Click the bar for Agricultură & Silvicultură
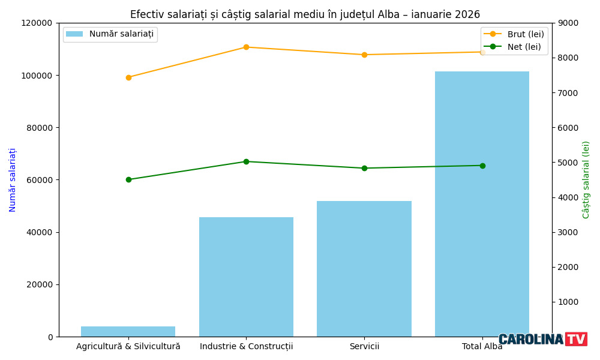(128, 331)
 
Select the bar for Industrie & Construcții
(246, 277)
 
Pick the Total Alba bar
(482, 204)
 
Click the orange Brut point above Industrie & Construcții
(246, 47)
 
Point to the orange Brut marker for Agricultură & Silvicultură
(128, 77)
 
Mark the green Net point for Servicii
(364, 168)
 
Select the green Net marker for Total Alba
(482, 166)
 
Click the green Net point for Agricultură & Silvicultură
(128, 179)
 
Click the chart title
(305, 14)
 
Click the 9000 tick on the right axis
(568, 23)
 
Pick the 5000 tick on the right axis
(568, 163)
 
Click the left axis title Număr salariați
(13, 180)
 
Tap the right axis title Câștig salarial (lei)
(586, 180)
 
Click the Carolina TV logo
(542, 340)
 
